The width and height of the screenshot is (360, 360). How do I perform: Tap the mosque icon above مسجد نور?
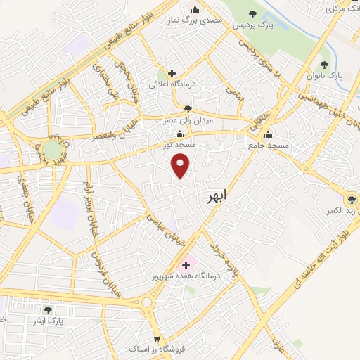click(182, 134)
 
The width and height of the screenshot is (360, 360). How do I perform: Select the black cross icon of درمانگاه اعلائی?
click(171, 73)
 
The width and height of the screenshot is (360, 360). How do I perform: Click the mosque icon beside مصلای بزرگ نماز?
click(195, 9)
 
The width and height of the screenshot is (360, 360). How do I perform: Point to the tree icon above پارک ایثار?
click(47, 310)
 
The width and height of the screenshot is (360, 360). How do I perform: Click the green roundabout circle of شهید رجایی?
click(52, 149)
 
